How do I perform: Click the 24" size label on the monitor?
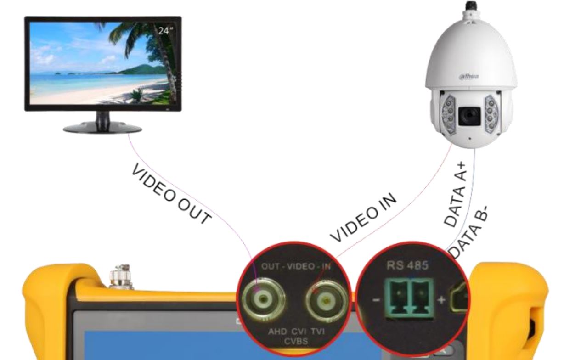point(166,31)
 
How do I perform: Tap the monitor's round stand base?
point(102,128)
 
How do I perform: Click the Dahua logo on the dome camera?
point(469,76)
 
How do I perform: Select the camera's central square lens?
point(469,116)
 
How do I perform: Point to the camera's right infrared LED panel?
point(491,114)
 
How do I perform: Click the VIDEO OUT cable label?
point(171,194)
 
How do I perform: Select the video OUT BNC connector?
point(263,299)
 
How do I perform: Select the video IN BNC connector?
point(327,301)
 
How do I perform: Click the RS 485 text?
point(408,265)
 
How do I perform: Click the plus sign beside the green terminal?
point(441,300)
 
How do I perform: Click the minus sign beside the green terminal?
point(376,300)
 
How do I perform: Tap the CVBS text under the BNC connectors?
point(296,341)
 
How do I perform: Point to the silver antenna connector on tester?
point(121,277)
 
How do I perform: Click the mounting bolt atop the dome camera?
point(470,6)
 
